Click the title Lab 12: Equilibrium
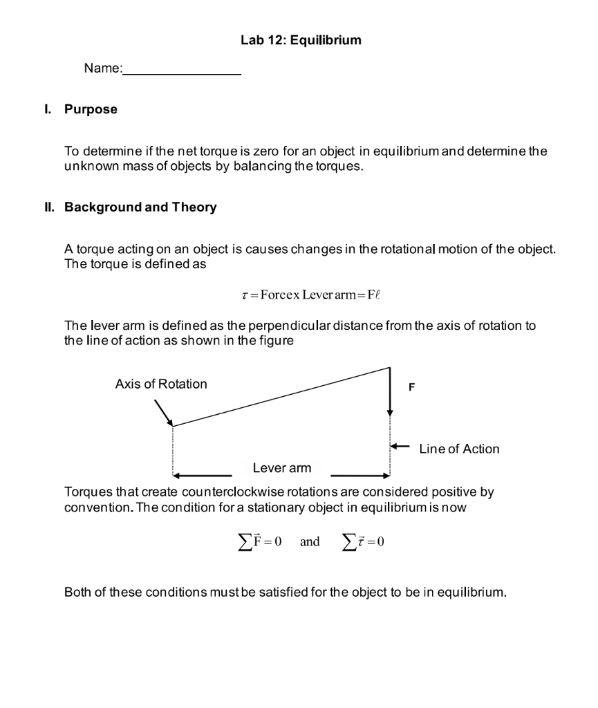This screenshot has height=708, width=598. pyautogui.click(x=301, y=40)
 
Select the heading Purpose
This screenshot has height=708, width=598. pyautogui.click(x=91, y=109)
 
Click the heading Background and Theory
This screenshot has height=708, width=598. pyautogui.click(x=140, y=207)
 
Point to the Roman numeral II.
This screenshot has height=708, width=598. pyautogui.click(x=48, y=207)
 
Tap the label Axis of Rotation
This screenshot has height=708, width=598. pyautogui.click(x=160, y=384)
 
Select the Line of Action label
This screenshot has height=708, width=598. pyautogui.click(x=459, y=449)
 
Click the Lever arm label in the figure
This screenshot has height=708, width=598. pyautogui.click(x=281, y=468)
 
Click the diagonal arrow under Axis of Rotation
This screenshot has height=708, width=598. pyautogui.click(x=163, y=413)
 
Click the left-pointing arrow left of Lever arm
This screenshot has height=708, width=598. pyautogui.click(x=202, y=476)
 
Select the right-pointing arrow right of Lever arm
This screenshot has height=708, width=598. pyautogui.click(x=360, y=476)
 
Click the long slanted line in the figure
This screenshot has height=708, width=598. pyautogui.click(x=281, y=396)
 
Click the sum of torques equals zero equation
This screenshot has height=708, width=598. pyautogui.click(x=363, y=541)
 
